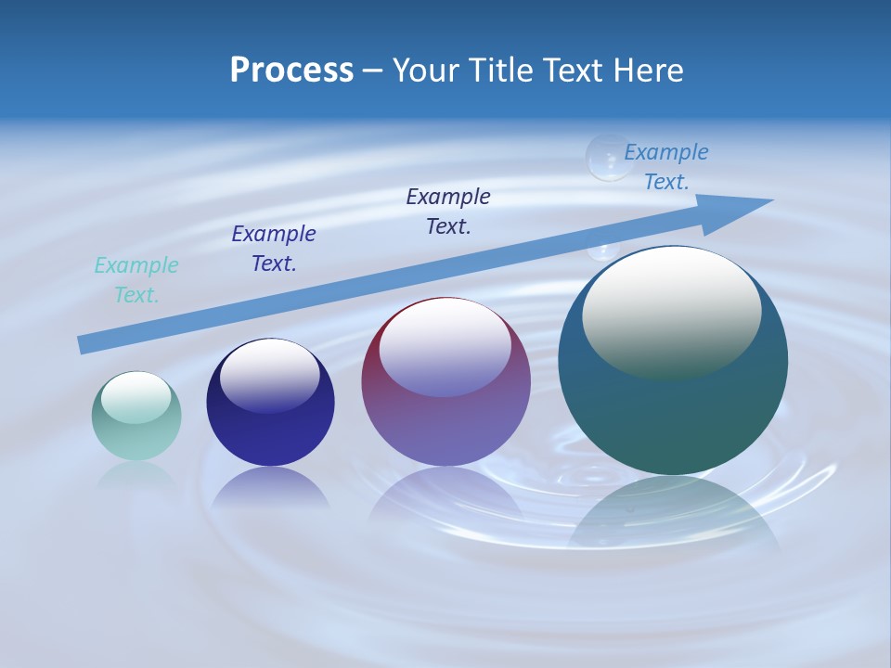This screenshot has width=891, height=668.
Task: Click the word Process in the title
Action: click(x=291, y=71)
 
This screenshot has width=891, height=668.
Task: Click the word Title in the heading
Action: click(x=502, y=71)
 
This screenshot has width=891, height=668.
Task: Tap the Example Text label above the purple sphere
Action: click(x=448, y=211)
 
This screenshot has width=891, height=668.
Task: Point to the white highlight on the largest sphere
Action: click(x=671, y=311)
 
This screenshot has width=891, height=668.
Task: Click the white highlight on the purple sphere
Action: click(x=445, y=346)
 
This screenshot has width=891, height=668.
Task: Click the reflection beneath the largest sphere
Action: click(x=673, y=510)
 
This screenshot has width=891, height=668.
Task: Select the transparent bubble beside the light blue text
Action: click(x=609, y=157)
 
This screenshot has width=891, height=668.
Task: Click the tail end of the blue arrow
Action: click(x=85, y=344)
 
